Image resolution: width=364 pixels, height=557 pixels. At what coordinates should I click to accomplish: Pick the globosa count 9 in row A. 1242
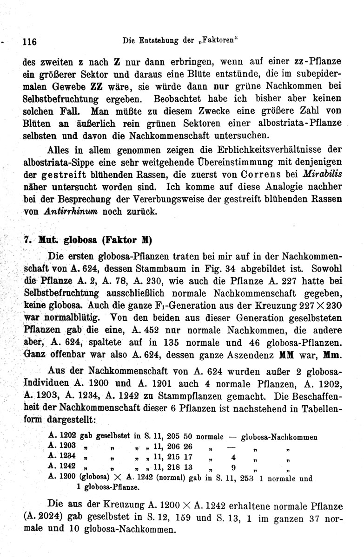point(234,466)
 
